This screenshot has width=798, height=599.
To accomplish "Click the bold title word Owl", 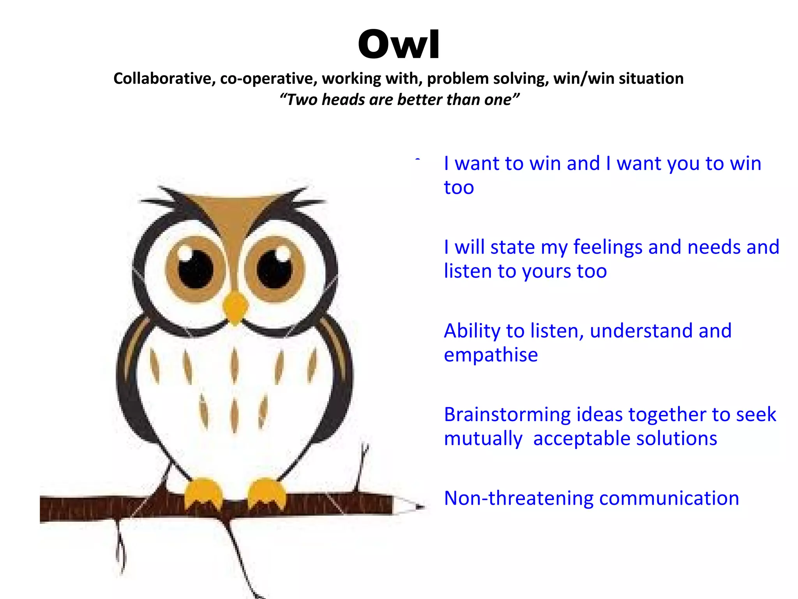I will [399, 45].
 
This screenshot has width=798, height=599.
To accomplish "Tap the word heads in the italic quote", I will [343, 100].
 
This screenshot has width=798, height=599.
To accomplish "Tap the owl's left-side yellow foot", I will [203, 493].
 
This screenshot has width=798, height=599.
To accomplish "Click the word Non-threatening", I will [519, 498].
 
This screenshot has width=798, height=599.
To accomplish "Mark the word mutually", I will [483, 439].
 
